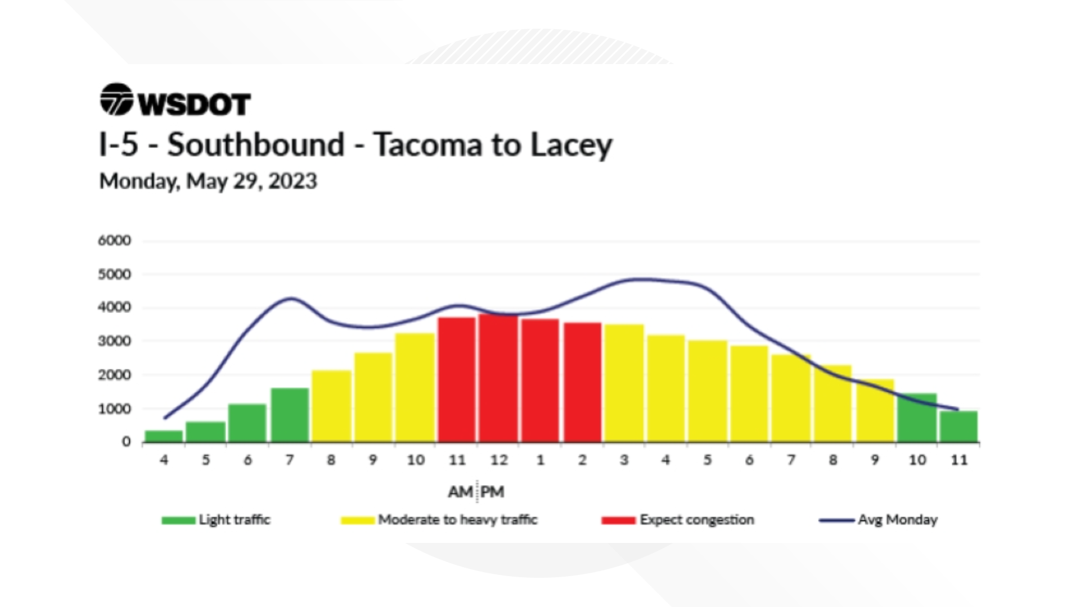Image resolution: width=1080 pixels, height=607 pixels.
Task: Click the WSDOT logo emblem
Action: pos(116,100)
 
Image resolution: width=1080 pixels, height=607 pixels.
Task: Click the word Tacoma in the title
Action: pos(427,144)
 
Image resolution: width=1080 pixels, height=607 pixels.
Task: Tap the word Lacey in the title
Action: pos(571,144)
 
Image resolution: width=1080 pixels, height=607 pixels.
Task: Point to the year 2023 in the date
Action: pos(292,181)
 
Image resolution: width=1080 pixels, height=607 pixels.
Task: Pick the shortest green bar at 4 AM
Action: pos(164,436)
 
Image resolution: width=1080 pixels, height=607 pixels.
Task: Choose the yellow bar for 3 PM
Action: pos(624,383)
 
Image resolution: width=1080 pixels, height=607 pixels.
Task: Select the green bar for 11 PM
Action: pos(959,427)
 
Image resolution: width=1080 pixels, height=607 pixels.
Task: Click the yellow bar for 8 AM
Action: pos(331,406)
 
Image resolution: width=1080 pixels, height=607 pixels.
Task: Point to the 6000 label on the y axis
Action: pos(114,241)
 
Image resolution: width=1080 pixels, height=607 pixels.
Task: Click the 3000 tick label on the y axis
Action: pos(114,341)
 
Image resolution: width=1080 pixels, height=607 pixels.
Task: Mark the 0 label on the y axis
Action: pos(126,442)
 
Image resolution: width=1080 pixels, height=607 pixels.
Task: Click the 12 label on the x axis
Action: pos(498,460)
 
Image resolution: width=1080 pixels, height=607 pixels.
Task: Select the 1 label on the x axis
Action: pos(541,460)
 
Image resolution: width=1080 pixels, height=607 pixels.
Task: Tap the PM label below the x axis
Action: pos(492,492)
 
